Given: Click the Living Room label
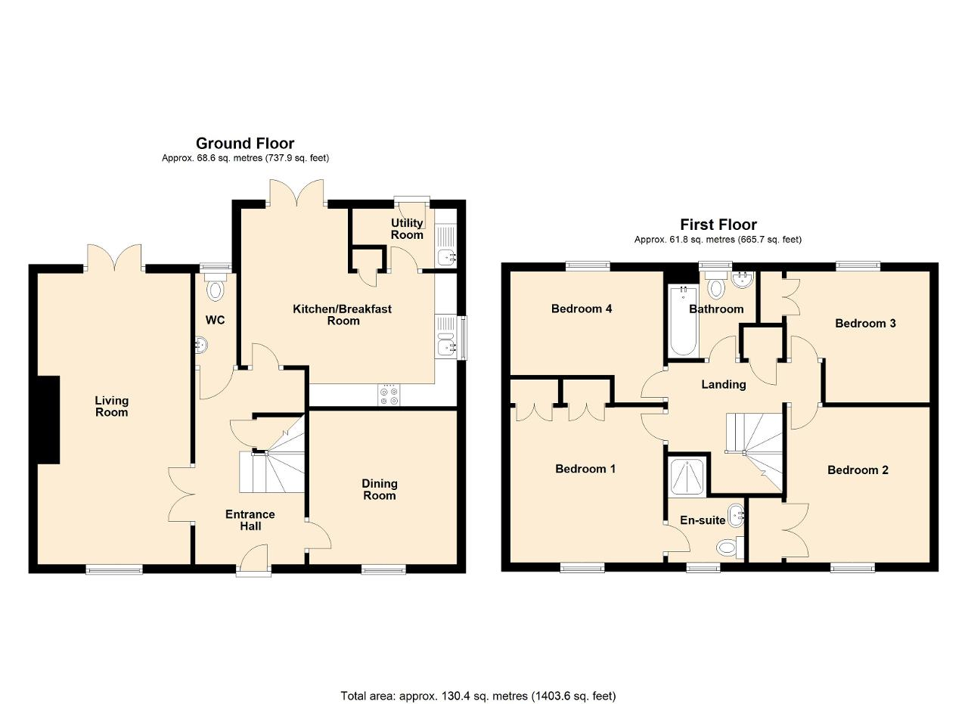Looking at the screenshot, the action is pos(111,406).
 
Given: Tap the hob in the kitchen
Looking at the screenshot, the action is pos(389,395).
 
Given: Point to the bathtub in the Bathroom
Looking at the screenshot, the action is pos(683,321).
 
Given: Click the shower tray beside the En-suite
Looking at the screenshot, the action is pos(687,476).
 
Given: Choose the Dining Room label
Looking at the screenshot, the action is pos(380,490).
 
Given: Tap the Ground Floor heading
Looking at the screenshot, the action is pos(245,143).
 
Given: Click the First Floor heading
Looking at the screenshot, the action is pos(718,225).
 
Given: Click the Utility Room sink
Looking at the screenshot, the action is pos(446,258).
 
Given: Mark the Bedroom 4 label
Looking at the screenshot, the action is pos(582,309).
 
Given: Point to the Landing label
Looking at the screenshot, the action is pos(724,385).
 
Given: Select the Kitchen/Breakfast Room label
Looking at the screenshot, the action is pos(343,315).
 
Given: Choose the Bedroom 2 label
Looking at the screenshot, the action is pos(858,470).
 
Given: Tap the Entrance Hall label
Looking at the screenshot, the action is pos(250,520).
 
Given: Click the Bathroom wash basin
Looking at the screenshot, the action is pos(743,279).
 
